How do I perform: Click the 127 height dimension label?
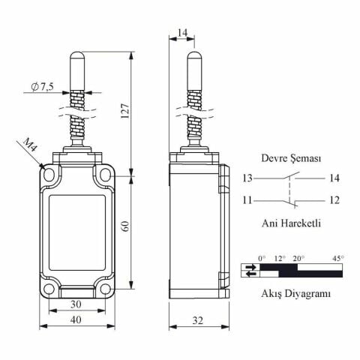pos(125,110)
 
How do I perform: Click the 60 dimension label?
pos(125,226)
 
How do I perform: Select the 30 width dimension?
pos(76,304)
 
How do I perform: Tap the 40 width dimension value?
pos(76,319)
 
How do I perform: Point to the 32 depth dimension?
pos(198,320)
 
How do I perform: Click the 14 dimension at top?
pos(182,32)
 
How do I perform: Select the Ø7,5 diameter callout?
pos(42,86)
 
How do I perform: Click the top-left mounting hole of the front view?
pos(49,174)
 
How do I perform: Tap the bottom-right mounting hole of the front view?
pos(105,289)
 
